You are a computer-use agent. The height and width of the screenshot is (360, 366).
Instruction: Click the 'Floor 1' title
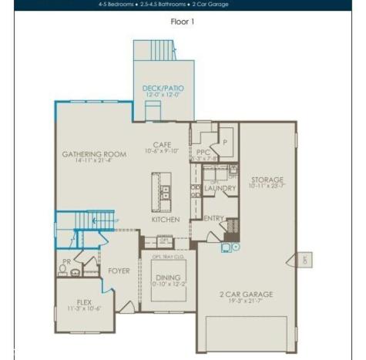tap(182, 22)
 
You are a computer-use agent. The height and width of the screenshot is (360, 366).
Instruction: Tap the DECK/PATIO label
tap(161, 89)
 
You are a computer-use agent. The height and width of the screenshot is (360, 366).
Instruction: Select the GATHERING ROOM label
tap(94, 154)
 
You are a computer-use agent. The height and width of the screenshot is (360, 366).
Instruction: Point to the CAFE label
tap(162, 144)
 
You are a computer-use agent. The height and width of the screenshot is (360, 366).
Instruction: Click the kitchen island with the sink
tap(163, 190)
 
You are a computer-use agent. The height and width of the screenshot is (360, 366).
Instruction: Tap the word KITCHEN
tap(165, 220)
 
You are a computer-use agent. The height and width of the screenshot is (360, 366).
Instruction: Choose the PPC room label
tap(203, 152)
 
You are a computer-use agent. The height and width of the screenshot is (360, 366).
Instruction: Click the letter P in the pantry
tap(226, 143)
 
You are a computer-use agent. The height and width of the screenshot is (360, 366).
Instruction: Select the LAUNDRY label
tap(220, 188)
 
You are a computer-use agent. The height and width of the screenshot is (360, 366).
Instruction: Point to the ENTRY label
tap(213, 218)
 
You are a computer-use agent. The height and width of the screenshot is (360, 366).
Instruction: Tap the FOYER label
tap(119, 271)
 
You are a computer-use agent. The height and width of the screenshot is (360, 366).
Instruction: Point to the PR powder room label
tap(66, 262)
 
